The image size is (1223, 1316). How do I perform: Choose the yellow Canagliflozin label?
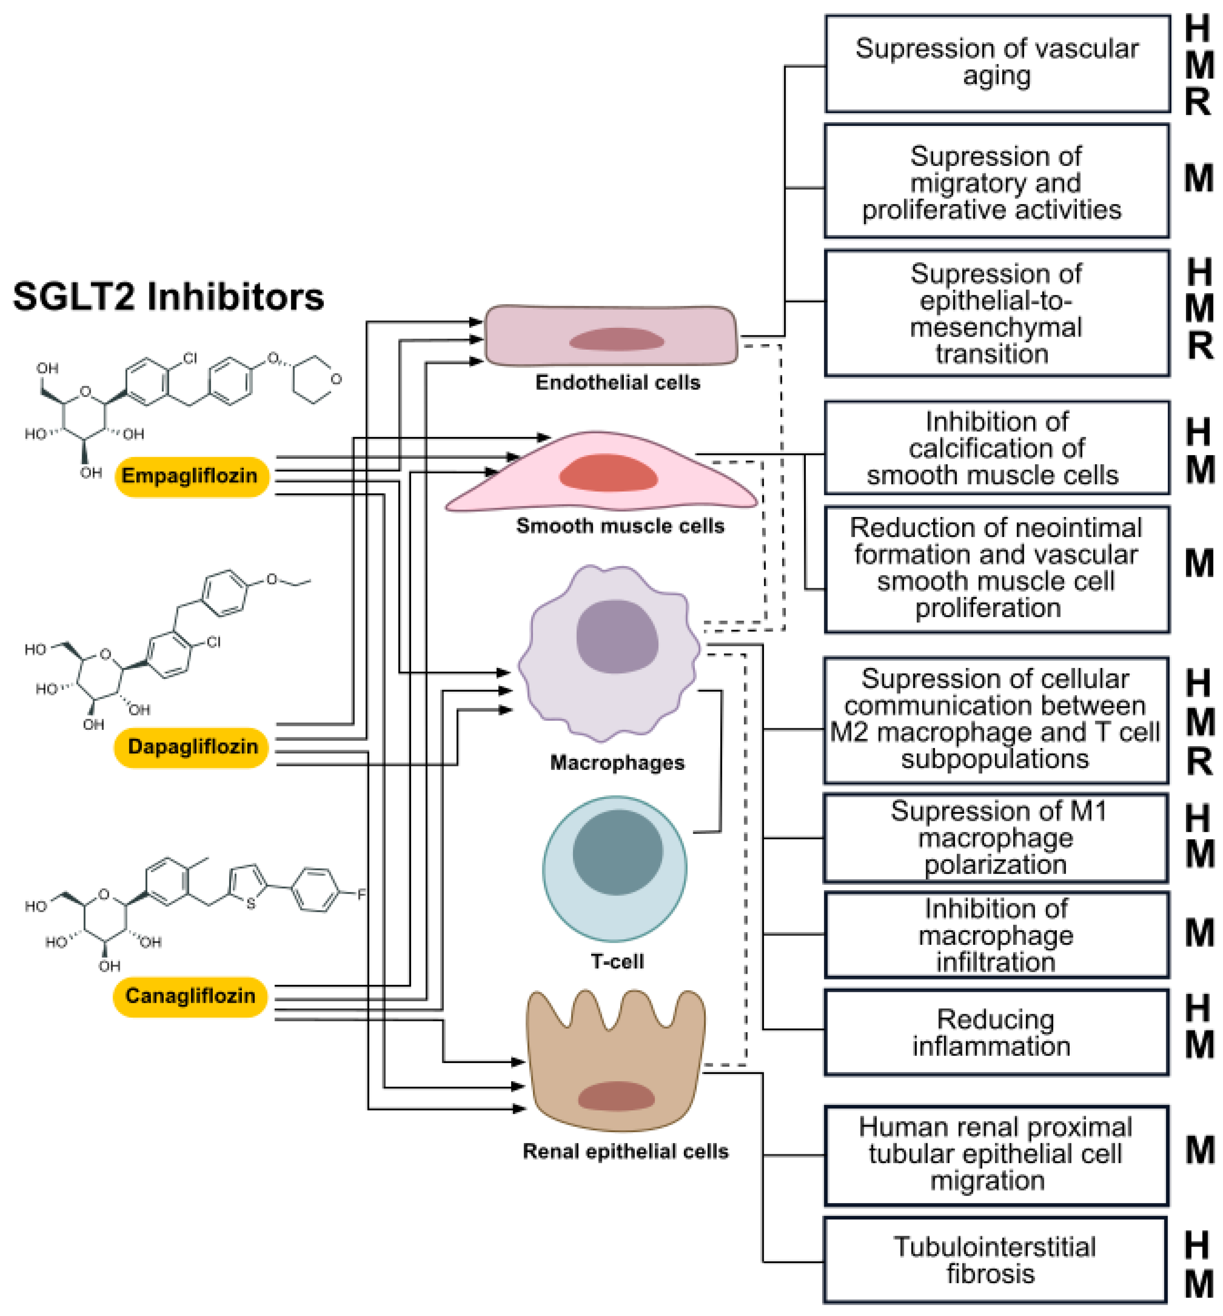[x=190, y=996]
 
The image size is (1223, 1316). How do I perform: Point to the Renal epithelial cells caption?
[x=625, y=1151]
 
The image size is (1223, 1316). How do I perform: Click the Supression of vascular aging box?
[x=997, y=64]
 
